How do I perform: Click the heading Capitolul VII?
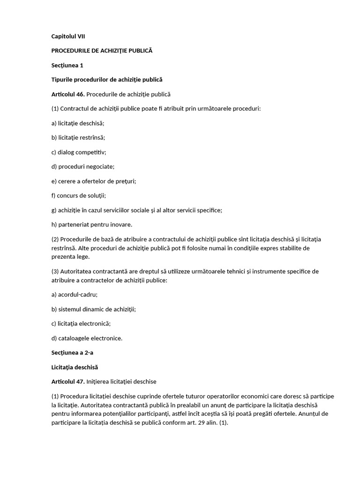pyautogui.click(x=68, y=36)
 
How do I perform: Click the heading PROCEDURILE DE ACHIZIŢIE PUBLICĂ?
pyautogui.click(x=102, y=51)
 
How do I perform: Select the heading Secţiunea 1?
pyautogui.click(x=67, y=65)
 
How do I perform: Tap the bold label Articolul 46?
pyautogui.click(x=68, y=94)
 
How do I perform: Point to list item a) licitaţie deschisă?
pyautogui.click(x=78, y=123)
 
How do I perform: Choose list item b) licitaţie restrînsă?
pyautogui.click(x=78, y=138)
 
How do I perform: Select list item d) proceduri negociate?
pyautogui.click(x=83, y=166)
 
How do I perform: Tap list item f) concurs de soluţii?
pyautogui.click(x=79, y=195)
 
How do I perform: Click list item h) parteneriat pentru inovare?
pyautogui.click(x=92, y=224)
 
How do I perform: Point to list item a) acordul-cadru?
pyautogui.click(x=75, y=295)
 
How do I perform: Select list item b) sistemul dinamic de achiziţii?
pyautogui.click(x=94, y=309)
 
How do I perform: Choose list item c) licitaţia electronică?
pyautogui.click(x=81, y=323)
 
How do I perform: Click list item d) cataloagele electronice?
pyautogui.click(x=87, y=338)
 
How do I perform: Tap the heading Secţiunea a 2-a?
pyautogui.click(x=72, y=352)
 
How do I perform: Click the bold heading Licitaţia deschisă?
pyautogui.click(x=75, y=367)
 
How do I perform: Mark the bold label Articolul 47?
pyautogui.click(x=68, y=382)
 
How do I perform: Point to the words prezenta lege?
pyautogui.click(x=70, y=256)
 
